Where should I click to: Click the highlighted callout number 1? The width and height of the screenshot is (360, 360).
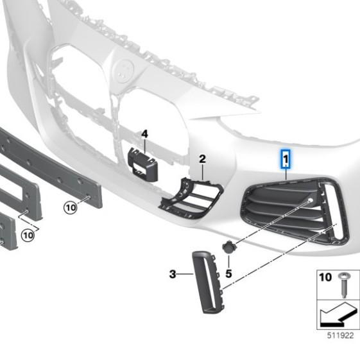286,159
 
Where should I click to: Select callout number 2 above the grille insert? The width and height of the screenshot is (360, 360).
202,159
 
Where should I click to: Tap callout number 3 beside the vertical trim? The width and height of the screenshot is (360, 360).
173,274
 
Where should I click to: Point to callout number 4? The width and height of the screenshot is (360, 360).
144,134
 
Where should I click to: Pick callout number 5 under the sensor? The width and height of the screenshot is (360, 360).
228,273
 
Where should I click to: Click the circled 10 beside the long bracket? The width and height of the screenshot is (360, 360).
70,208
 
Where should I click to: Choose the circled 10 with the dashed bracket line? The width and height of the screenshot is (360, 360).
28,236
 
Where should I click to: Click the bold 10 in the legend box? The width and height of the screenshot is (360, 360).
325,277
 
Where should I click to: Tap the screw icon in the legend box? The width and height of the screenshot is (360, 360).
344,285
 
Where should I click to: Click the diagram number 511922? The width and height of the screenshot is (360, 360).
340,336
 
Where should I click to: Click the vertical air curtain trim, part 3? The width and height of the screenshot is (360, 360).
207,282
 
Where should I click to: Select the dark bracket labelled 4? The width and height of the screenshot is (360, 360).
142,164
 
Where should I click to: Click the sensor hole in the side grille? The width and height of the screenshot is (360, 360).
310,200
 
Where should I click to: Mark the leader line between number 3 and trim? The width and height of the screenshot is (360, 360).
185,274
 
